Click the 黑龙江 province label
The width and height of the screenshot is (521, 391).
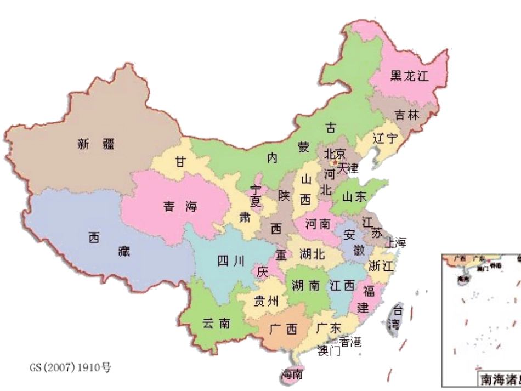point(409,76)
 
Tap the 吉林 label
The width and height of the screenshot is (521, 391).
point(406,115)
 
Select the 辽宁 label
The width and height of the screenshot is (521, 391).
point(384,138)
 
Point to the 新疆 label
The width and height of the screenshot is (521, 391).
point(97,144)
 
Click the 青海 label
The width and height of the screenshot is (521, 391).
point(180,206)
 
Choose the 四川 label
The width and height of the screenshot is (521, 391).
point(231,262)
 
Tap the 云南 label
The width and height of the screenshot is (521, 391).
point(216,324)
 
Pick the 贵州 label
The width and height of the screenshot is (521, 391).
point(267,301)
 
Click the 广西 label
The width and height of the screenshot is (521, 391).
point(284,329)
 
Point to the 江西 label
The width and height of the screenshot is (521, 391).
point(343,285)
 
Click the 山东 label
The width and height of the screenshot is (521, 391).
point(354,197)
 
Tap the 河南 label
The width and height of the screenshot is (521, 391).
point(318,224)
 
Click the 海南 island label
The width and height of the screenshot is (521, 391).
point(292,375)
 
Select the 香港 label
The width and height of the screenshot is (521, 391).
point(350,342)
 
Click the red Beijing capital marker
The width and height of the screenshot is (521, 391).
point(335,162)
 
